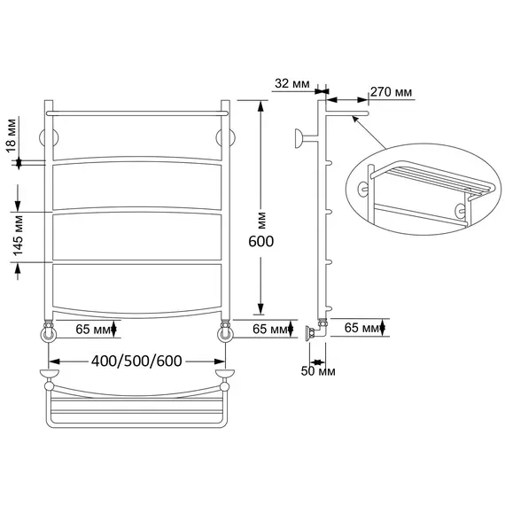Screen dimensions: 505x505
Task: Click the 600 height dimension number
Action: [260, 242]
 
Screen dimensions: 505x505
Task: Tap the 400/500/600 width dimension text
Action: [136, 361]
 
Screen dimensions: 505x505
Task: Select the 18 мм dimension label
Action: [11, 136]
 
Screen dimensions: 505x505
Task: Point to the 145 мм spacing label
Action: [18, 236]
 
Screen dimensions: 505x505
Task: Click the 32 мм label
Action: [292, 84]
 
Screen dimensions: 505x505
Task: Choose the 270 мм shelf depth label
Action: [391, 92]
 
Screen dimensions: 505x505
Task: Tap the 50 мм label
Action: [318, 371]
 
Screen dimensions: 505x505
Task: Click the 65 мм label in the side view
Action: [361, 328]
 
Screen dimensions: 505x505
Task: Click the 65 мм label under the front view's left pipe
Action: [93, 330]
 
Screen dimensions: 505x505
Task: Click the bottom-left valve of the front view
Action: [49, 331]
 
